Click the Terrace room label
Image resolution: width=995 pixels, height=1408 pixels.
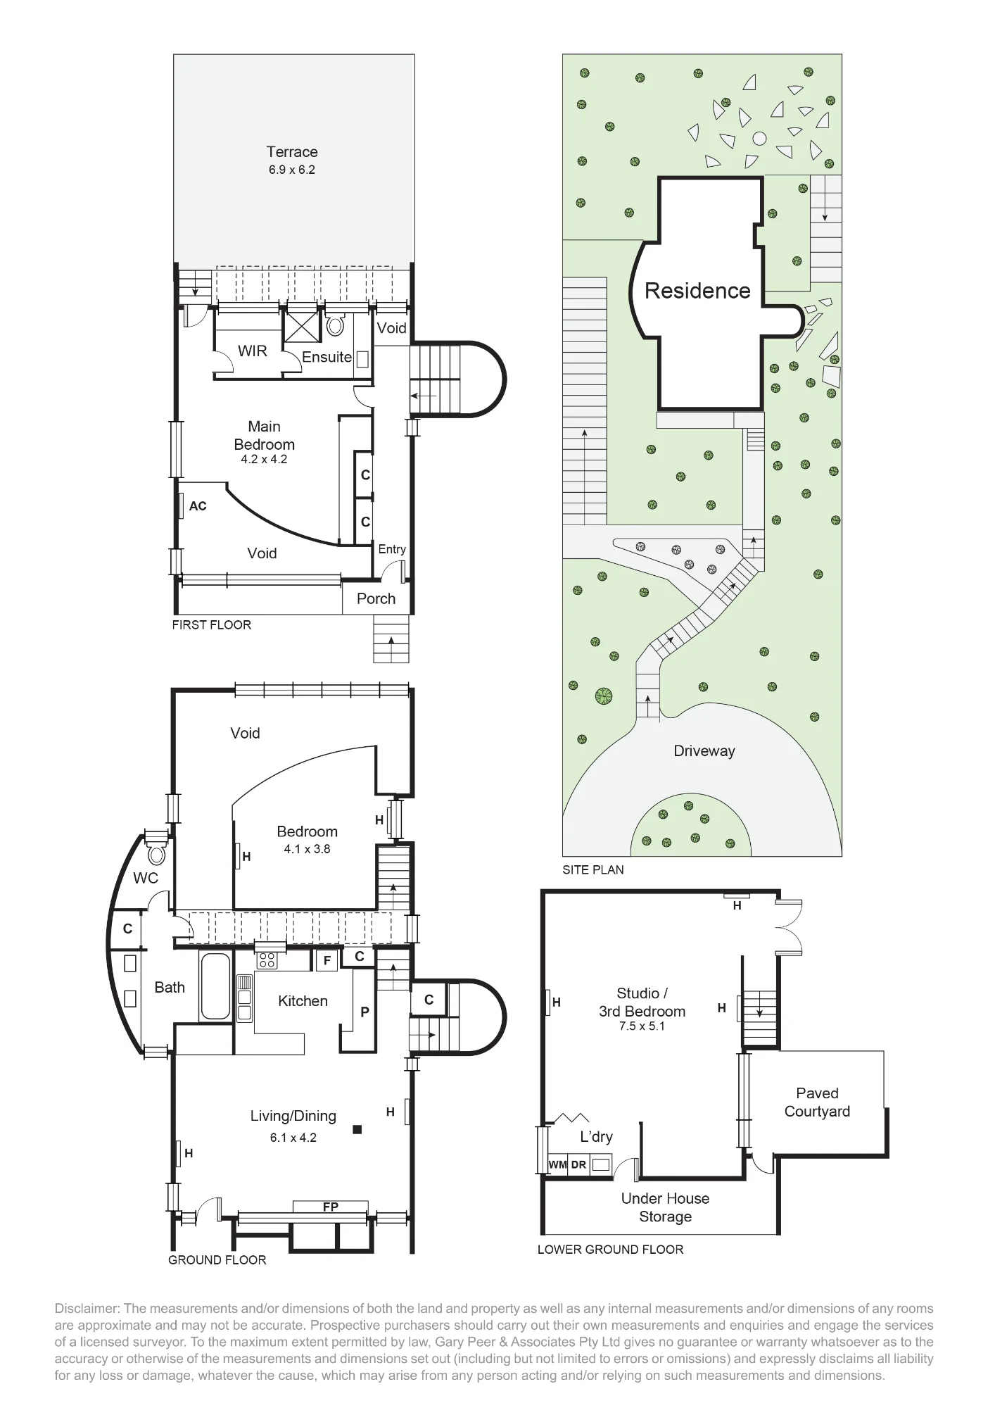[x=292, y=151]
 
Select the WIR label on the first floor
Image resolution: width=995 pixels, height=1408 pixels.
[x=252, y=351]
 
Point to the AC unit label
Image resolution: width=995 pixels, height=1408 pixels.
[x=198, y=506]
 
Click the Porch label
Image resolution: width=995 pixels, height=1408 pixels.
[x=376, y=598]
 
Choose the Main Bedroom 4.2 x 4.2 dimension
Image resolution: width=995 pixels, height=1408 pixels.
[x=264, y=460]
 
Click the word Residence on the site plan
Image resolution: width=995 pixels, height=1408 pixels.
[x=697, y=290]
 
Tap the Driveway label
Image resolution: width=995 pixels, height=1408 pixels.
[x=704, y=750]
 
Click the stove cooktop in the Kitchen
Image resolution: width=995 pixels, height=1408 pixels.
[x=267, y=960]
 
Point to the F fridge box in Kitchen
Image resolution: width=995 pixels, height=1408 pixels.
[x=327, y=960]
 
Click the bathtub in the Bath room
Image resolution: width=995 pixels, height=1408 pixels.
[x=210, y=987]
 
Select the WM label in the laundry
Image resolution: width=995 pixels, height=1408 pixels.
[x=557, y=1164]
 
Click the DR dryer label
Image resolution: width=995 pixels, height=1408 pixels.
[x=578, y=1164]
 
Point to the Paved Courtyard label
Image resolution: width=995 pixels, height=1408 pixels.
[x=817, y=1102]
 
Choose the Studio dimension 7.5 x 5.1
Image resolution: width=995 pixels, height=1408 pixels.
[x=642, y=1026]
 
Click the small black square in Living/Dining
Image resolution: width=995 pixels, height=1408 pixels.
[x=357, y=1130]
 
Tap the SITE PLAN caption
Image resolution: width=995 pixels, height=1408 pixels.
[x=593, y=869]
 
